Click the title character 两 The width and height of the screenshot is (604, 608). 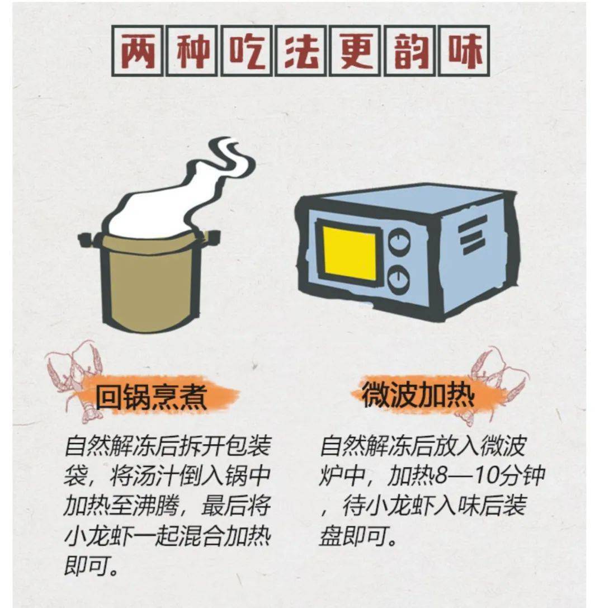tap(138, 51)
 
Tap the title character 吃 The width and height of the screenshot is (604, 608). tap(247, 51)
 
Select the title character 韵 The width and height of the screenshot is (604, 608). tap(411, 51)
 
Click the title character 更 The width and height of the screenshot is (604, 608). tap(356, 51)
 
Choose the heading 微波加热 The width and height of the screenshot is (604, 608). tap(417, 396)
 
